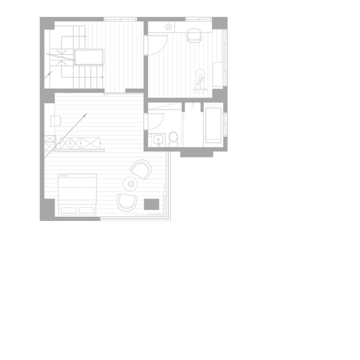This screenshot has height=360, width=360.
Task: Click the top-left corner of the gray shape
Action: pos(40,17)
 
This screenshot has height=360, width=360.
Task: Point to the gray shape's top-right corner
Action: pos(227,17)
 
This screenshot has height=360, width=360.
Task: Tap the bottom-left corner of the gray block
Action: pos(40,220)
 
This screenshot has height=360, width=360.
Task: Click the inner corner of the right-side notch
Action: pos(223,152)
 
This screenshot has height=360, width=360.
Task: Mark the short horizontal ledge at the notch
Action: pos(225,152)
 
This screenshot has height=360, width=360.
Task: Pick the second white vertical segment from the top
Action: pos(225,51)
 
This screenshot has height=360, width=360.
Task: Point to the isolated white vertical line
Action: pos(226,119)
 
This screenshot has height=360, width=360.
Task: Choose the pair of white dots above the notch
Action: pos(225,134)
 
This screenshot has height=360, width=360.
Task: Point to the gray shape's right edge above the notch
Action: pos(227,99)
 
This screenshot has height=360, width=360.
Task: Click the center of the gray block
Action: pos(131,119)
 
